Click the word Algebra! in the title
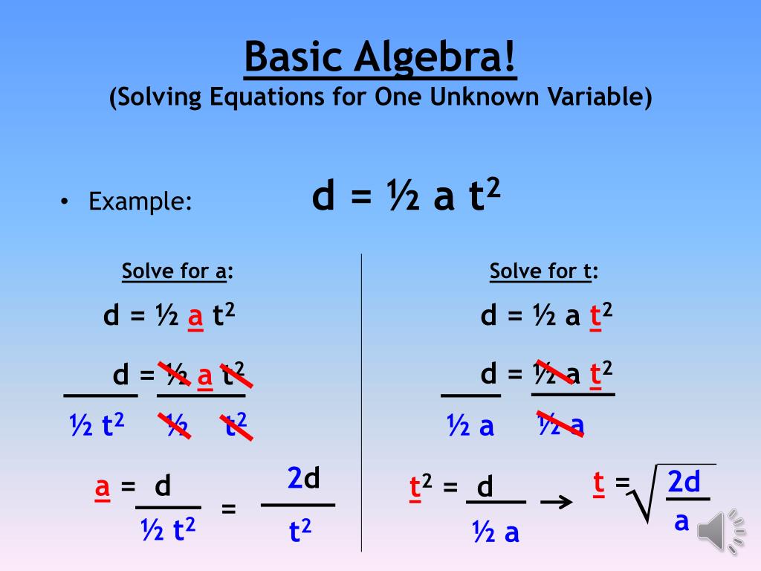(x=434, y=57)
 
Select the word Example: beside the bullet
(x=140, y=201)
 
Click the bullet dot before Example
(x=65, y=201)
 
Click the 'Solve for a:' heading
(x=178, y=271)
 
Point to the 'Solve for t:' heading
(x=543, y=271)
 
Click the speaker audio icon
(x=721, y=531)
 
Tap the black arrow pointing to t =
(x=556, y=502)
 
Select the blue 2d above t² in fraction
(x=303, y=478)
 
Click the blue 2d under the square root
(x=684, y=481)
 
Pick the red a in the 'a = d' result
(x=102, y=486)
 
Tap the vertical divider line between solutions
(x=362, y=402)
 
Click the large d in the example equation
(x=323, y=196)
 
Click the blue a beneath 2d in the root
(x=682, y=521)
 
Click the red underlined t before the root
(x=599, y=483)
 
